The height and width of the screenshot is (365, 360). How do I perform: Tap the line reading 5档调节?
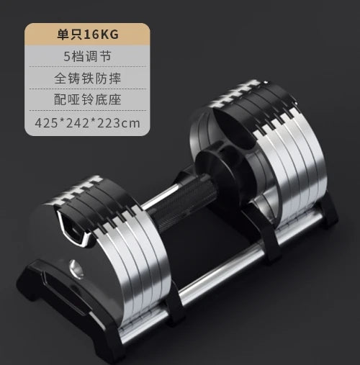click(87, 56)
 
